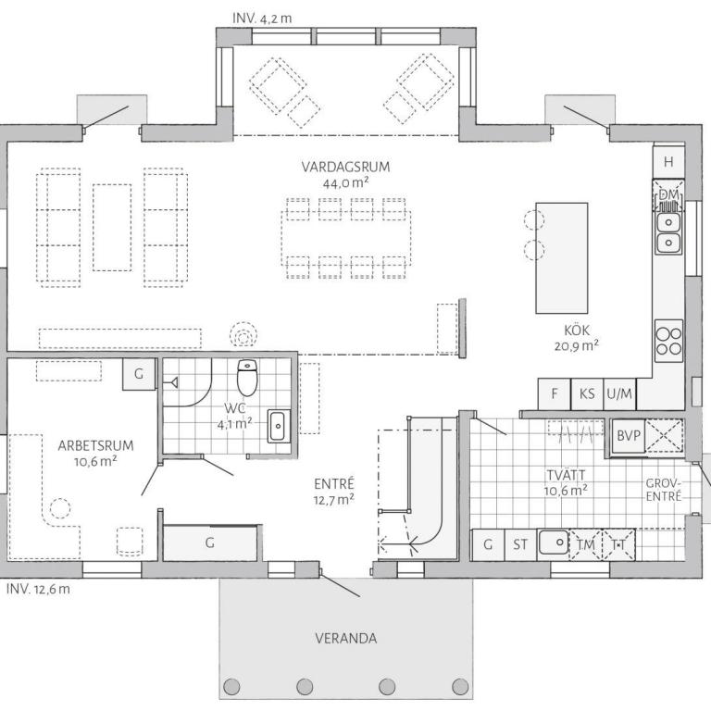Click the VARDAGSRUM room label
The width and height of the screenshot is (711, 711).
point(345,167)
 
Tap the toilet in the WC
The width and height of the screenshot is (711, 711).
point(247,378)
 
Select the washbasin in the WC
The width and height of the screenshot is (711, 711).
point(278,425)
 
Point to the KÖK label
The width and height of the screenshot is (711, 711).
point(577,331)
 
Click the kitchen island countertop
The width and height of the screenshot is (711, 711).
point(562,258)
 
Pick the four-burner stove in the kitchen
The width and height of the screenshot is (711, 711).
point(668,341)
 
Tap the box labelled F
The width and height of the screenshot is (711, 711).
point(555,393)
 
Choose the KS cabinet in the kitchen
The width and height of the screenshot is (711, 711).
point(587,393)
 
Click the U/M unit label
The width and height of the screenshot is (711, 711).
point(619,393)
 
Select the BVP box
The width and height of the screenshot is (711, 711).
point(629,436)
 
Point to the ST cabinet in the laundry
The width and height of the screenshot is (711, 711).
point(520,544)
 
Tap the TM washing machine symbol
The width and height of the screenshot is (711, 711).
point(585,544)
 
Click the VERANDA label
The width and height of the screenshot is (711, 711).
point(346,639)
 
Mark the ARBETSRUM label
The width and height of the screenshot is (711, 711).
point(95,445)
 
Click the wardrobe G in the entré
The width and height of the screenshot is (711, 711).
point(210,543)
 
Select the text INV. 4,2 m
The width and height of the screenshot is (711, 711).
point(262,19)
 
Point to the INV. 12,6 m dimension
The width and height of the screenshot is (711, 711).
point(38,589)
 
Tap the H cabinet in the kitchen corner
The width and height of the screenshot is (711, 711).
point(668,162)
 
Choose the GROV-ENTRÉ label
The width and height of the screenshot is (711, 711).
point(664,490)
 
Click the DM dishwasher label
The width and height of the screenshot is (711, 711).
point(668,195)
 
